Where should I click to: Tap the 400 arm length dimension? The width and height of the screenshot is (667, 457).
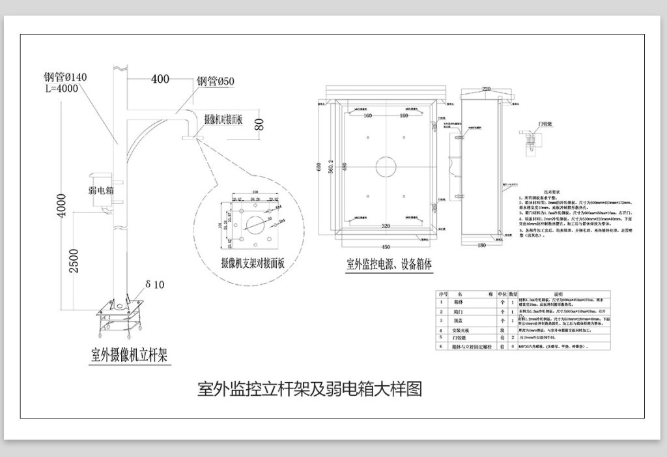pos(160,80)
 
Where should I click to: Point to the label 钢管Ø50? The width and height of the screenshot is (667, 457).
pos(216,81)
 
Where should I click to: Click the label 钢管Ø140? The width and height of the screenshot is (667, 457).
pos(65,77)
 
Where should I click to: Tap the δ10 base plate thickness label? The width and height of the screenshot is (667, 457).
pos(156,284)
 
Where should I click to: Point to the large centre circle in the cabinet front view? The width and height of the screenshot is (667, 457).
pos(386,166)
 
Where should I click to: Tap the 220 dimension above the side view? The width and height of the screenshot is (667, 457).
pos(486,89)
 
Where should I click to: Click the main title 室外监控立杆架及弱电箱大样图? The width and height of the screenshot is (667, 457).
pos(310,389)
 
